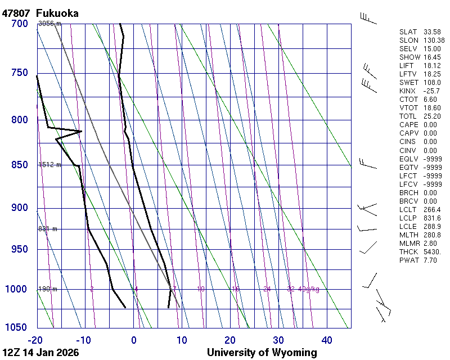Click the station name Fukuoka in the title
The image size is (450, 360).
point(57,13)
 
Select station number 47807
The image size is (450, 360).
point(16,13)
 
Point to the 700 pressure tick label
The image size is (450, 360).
point(19,24)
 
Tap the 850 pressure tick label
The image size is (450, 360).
point(19,165)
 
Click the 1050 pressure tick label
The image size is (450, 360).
point(17,328)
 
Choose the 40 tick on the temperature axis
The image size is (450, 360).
point(326,340)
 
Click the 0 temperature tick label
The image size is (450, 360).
point(134,340)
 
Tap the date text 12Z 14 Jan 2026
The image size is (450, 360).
point(40,353)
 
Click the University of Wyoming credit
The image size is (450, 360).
point(262,353)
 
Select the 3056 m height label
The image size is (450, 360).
point(49,24)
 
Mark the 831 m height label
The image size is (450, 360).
point(48,229)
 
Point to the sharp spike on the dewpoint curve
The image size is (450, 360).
point(81,131)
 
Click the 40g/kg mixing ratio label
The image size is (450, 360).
point(309,289)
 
